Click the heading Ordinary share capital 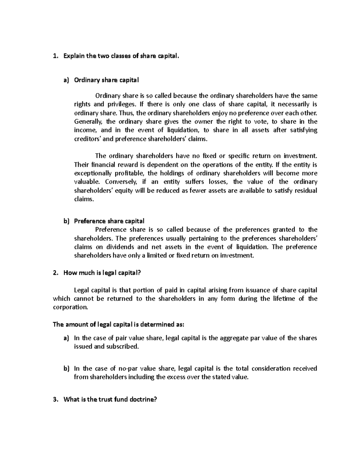[x=106, y=80]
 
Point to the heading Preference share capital [x=109, y=221]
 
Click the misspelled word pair [x=121, y=338]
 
